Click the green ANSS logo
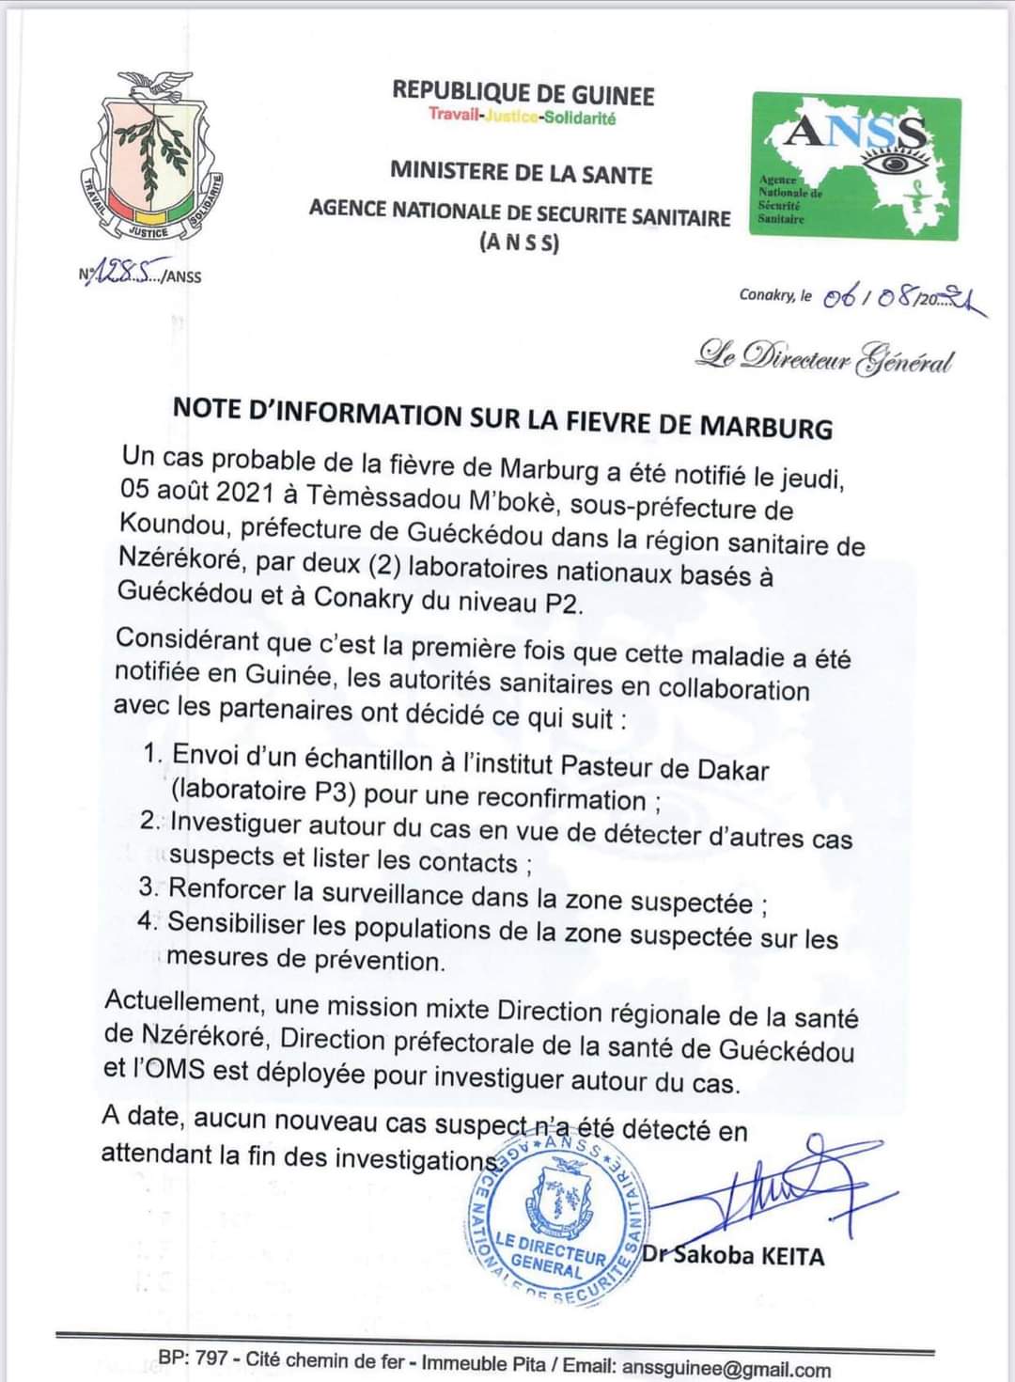coord(856,166)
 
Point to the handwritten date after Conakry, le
coord(903,299)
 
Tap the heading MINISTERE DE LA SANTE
coord(521,174)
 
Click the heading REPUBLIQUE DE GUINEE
coord(523,93)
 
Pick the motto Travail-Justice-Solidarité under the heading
coord(523,117)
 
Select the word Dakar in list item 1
coord(732,770)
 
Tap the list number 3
coord(148,887)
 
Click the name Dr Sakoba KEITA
coord(733,1255)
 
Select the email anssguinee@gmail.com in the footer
coord(726,1369)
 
